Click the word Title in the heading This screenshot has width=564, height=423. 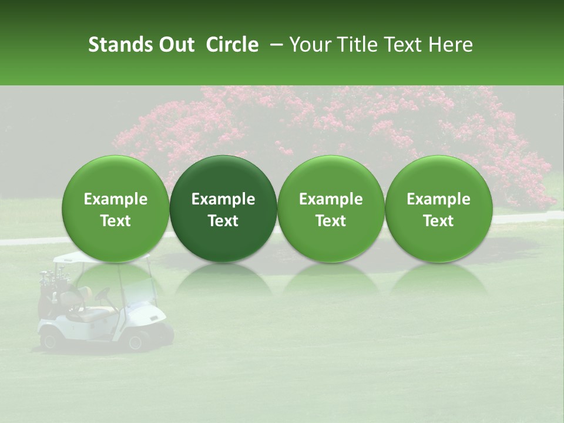(x=358, y=45)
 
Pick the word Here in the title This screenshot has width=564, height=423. (x=451, y=45)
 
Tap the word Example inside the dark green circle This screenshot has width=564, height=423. (x=223, y=199)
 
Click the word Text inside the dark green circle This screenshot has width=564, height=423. (x=223, y=221)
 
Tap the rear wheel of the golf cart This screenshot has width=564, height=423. (x=49, y=340)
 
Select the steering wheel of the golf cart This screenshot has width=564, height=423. (x=103, y=293)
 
